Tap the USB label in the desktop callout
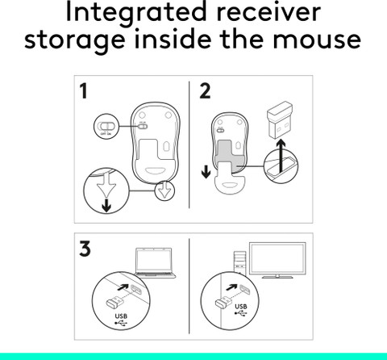point(242,307)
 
